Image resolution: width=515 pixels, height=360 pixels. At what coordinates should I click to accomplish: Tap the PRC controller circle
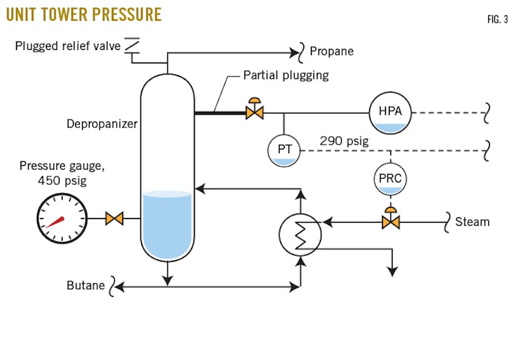389,179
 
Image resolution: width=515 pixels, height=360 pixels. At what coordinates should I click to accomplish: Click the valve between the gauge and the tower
114,218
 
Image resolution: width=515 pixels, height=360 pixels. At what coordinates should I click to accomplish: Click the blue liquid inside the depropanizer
167,223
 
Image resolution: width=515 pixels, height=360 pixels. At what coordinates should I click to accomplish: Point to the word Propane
331,51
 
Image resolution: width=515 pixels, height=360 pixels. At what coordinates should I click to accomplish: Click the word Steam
472,221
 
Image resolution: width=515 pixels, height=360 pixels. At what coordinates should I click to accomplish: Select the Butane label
86,285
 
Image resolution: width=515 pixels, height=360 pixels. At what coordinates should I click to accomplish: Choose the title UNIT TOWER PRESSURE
84,14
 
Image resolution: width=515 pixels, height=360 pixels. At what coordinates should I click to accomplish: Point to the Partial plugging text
286,76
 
